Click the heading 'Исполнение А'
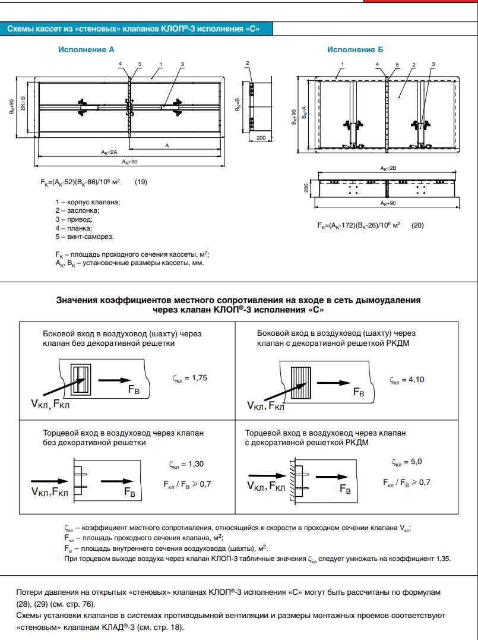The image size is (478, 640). coord(86,51)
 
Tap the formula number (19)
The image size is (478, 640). coord(141,182)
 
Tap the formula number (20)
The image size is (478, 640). coord(418,226)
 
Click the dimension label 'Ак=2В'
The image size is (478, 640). coord(389,169)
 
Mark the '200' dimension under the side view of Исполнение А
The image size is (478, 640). coord(259,137)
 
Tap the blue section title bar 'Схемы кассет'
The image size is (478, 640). coord(133,29)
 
